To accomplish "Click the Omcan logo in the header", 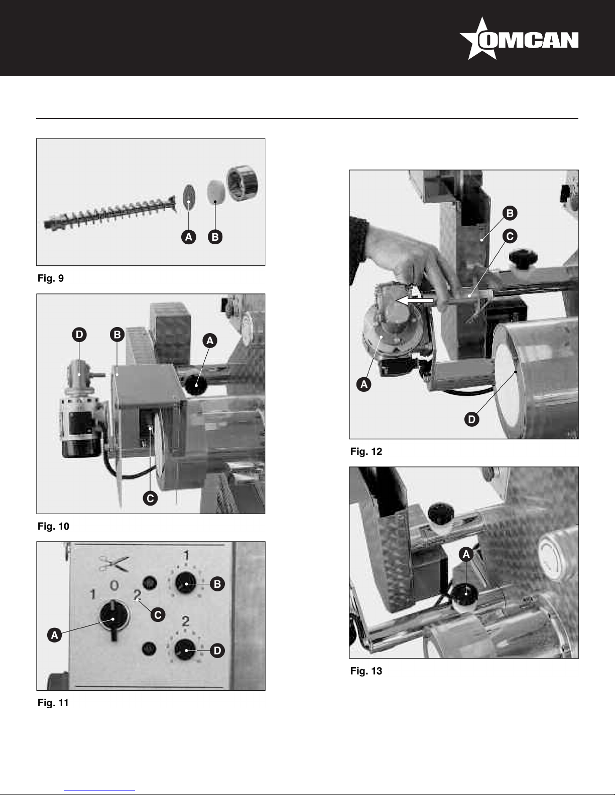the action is [519, 39].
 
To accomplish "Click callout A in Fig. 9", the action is [189, 237].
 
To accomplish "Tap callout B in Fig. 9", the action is [215, 237].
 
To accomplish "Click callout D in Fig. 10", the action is [79, 335].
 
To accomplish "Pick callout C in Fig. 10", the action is [150, 498].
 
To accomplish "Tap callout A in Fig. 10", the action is [210, 341].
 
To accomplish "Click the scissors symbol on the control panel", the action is [114, 564].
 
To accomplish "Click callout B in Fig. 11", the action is [217, 584].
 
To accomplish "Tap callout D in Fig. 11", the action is [217, 651].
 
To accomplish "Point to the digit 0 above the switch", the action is [114, 586].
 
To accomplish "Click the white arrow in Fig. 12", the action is [415, 301].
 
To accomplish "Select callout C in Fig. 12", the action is [510, 236].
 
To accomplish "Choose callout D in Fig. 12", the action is [471, 419].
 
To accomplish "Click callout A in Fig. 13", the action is [466, 555].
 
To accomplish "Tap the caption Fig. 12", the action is [366, 451].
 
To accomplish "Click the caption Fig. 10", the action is [53, 527].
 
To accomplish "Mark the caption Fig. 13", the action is [366, 671].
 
